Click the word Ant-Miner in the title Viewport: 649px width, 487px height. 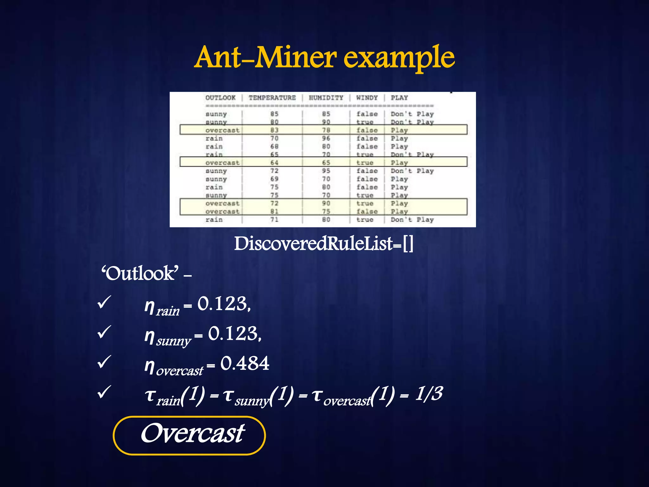click(266, 57)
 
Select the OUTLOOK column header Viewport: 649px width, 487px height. click(221, 98)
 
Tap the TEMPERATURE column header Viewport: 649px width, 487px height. click(272, 98)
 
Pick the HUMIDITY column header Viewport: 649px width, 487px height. click(326, 98)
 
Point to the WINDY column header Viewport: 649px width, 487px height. click(367, 98)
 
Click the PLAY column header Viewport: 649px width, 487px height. click(399, 98)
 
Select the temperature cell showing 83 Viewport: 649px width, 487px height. click(274, 130)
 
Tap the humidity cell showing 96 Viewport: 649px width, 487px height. click(326, 138)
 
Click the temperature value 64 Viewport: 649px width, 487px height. click(274, 163)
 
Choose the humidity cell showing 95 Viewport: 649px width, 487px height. click(326, 171)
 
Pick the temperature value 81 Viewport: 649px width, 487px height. click(274, 211)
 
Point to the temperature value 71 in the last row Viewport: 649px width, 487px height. click(274, 219)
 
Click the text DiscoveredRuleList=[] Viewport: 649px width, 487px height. click(324, 244)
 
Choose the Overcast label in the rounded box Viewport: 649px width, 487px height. click(192, 433)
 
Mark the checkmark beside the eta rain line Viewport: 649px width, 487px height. click(104, 302)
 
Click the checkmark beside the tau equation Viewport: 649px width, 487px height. click(104, 392)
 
